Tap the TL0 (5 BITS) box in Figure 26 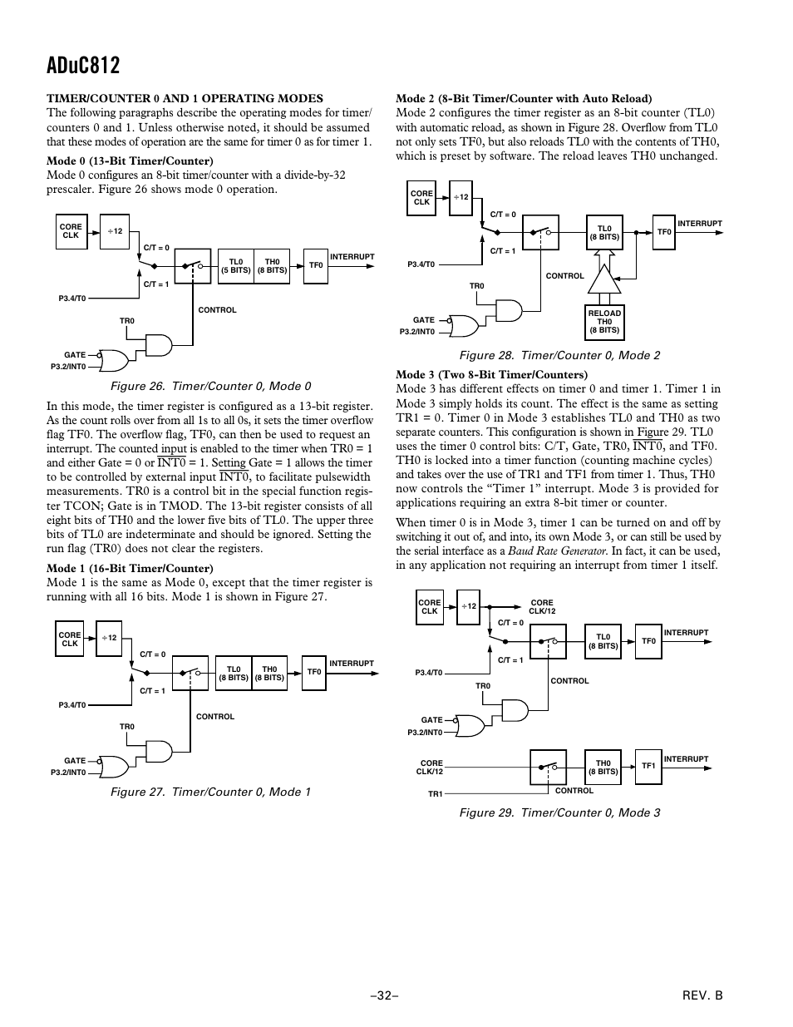[x=235, y=266]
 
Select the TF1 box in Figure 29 [x=648, y=766]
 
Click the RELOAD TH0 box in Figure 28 [x=604, y=322]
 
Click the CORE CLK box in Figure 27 [x=70, y=639]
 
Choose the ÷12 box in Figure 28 [x=461, y=198]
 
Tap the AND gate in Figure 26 [x=158, y=344]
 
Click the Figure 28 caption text [x=559, y=356]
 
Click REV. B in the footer [x=703, y=995]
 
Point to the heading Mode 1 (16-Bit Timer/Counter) [x=130, y=569]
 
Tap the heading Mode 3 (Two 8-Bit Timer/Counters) [x=491, y=374]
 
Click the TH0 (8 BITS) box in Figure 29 [x=603, y=767]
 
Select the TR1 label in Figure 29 [x=435, y=794]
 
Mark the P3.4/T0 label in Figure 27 [x=71, y=705]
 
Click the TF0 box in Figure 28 [x=663, y=232]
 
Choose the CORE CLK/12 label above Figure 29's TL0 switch [x=541, y=607]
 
